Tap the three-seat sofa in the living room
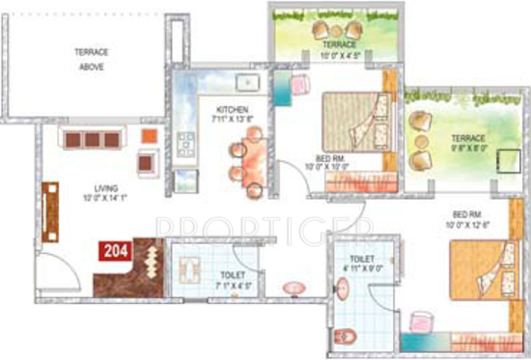click(91, 139)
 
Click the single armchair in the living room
click(148, 161)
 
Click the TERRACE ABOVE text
click(91, 59)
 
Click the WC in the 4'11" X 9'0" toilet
click(347, 334)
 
